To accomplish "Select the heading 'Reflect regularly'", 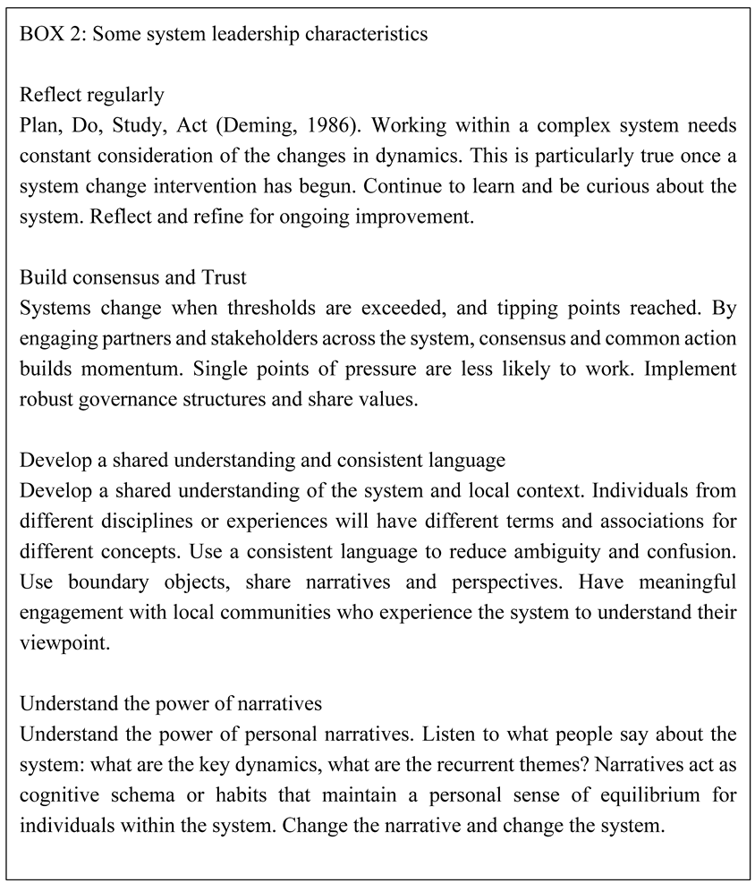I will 91,94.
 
